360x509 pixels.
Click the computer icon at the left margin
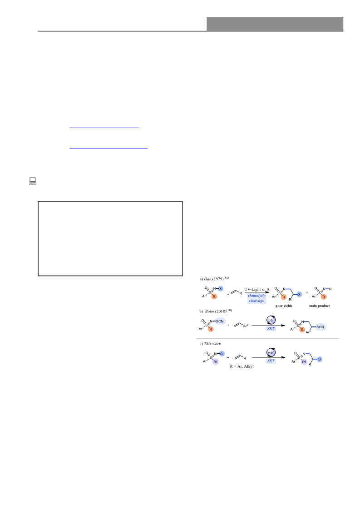tap(33, 181)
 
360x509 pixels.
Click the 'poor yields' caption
tap(284, 306)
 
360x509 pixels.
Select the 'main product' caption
tap(320, 306)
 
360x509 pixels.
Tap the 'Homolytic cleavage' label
tap(256, 298)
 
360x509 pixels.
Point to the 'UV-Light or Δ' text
tap(257, 289)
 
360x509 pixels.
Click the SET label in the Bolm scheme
tap(271, 329)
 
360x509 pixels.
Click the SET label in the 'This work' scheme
tap(271, 361)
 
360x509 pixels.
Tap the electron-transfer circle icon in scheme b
tap(271, 320)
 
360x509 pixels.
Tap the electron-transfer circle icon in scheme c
tap(271, 352)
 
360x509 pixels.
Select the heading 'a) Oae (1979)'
tap(214, 278)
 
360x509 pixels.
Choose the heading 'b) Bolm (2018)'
tap(216, 311)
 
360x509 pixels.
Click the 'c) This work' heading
tap(210, 343)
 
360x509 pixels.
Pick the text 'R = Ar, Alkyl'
tap(242, 366)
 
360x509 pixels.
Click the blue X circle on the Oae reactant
tap(221, 289)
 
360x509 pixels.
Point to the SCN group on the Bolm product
tap(320, 327)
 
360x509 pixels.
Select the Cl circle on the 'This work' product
tap(320, 359)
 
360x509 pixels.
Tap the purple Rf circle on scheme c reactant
tap(216, 361)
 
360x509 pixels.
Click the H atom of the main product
tap(330, 289)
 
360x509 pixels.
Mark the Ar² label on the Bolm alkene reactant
tap(246, 326)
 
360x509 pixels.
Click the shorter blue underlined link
tap(104, 128)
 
